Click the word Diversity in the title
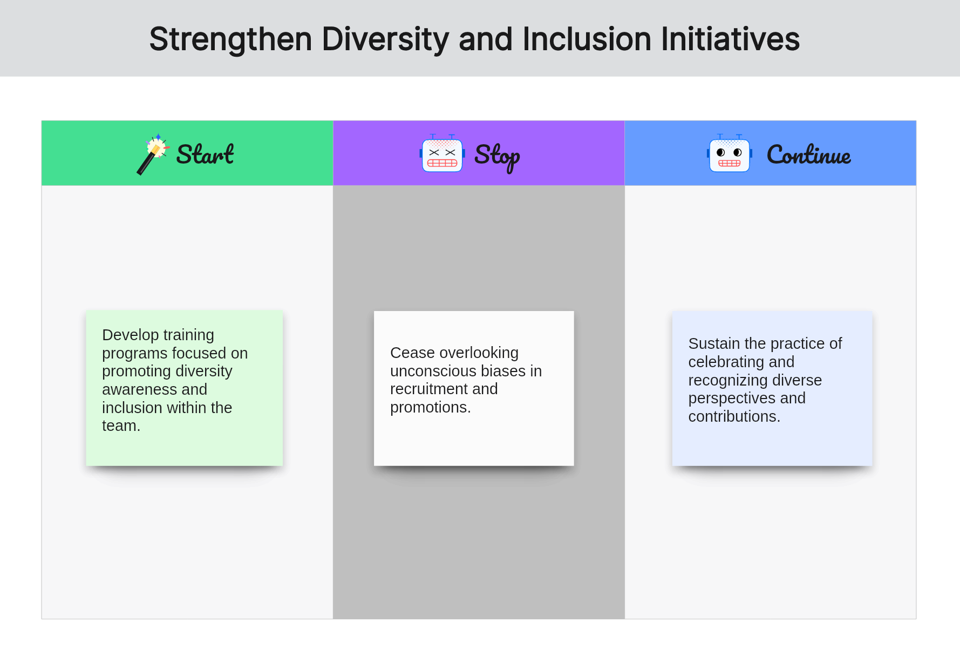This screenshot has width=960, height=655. point(385,39)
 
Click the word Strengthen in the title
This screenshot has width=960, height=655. point(231,39)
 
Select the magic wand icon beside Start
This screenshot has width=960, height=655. point(153,154)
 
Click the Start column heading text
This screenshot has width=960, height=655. point(205,154)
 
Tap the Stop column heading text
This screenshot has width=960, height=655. point(497,157)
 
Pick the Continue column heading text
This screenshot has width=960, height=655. point(809,154)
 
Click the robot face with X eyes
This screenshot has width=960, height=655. point(442,153)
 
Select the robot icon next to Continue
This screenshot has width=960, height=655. point(729,153)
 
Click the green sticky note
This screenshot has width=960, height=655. point(184,388)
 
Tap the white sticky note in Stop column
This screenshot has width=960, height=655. point(474,388)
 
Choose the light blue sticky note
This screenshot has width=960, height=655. point(772,388)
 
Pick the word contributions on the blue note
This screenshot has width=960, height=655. point(734,416)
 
